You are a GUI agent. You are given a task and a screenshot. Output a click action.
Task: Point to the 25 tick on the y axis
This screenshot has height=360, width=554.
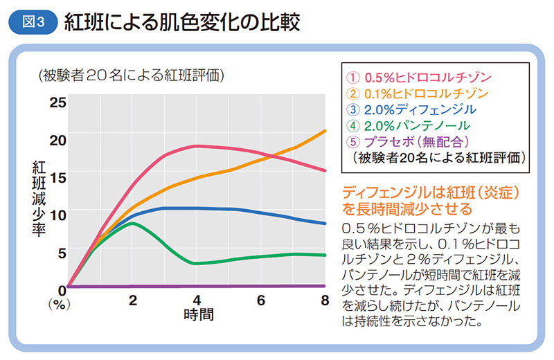click(x=57, y=103)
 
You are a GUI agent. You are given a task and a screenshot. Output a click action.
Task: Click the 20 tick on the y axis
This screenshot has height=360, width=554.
click(x=57, y=140)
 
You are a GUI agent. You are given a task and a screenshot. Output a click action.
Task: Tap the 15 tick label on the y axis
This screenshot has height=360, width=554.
click(x=57, y=177)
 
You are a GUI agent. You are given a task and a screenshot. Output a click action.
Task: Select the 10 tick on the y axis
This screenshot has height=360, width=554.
click(x=57, y=214)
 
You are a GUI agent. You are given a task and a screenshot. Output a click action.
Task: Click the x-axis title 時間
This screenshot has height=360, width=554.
click(x=198, y=314)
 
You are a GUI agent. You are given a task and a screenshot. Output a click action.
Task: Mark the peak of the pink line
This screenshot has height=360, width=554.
click(x=197, y=145)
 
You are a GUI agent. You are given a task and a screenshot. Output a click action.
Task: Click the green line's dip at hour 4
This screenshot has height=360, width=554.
click(x=197, y=263)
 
